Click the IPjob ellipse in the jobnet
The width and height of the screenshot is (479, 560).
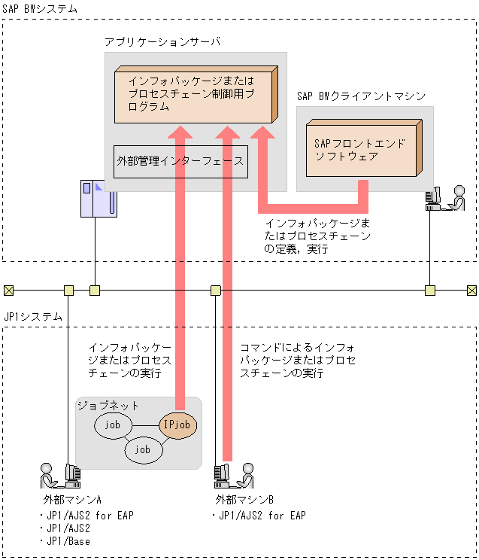click(x=179, y=425)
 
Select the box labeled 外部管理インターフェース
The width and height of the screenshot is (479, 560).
click(x=180, y=161)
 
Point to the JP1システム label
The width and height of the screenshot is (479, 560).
click(x=34, y=317)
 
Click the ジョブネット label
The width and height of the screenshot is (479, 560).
click(x=108, y=405)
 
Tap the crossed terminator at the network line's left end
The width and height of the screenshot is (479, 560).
click(x=8, y=290)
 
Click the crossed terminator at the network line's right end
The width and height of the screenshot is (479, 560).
click(x=471, y=290)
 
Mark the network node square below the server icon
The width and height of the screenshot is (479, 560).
click(x=95, y=290)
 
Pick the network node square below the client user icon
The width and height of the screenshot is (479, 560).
click(x=429, y=290)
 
